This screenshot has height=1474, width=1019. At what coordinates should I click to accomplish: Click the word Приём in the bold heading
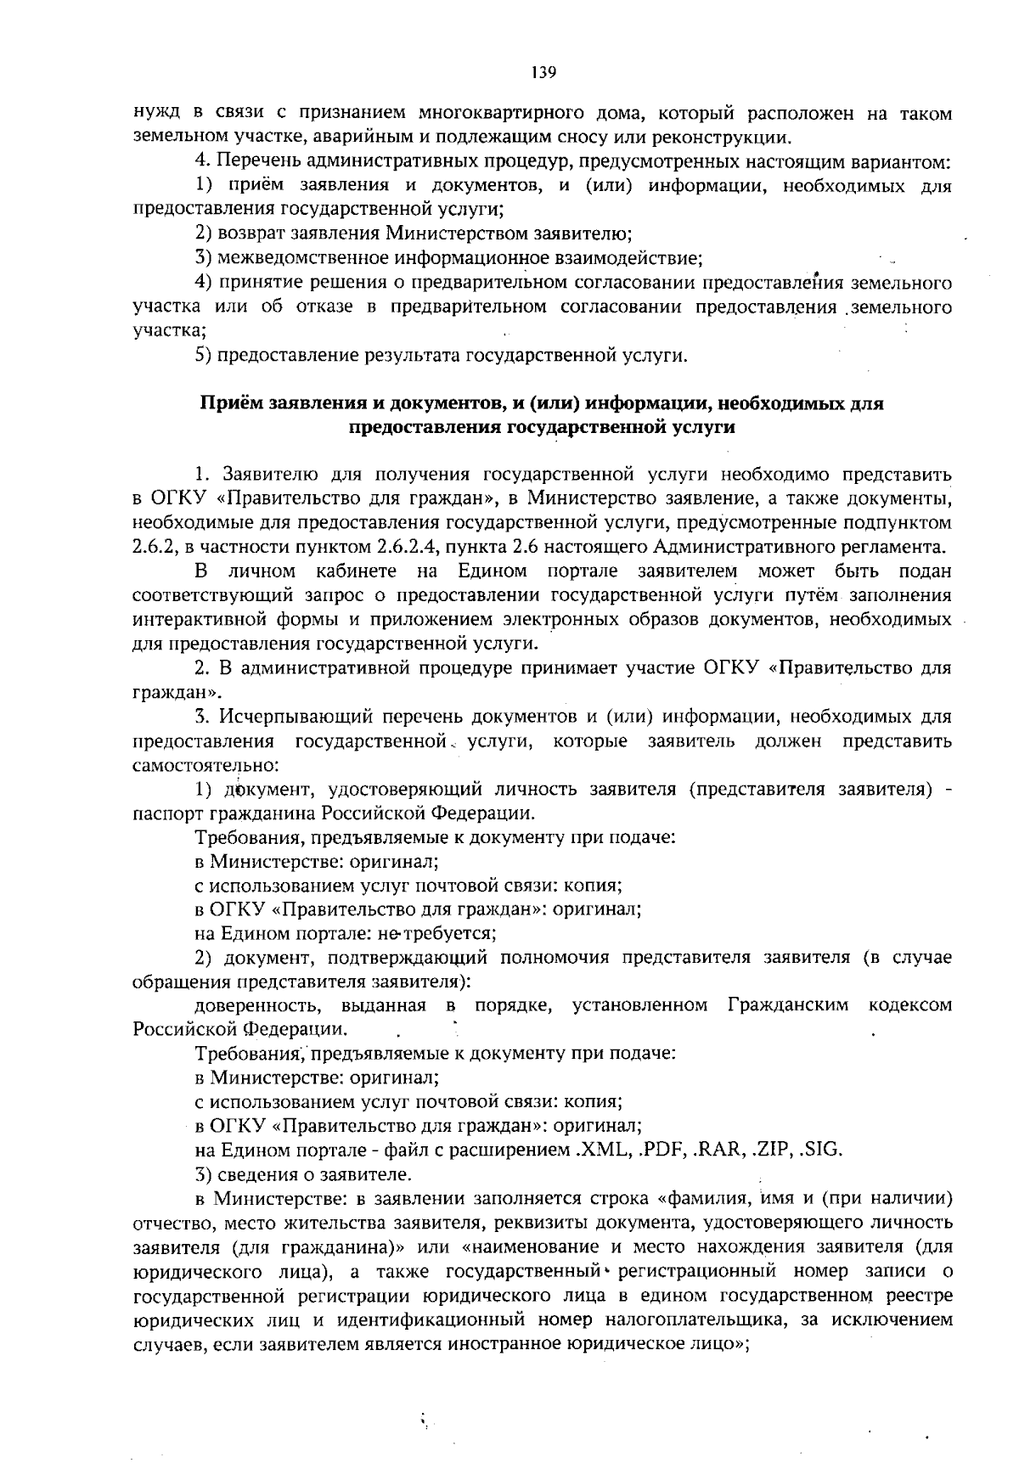230,404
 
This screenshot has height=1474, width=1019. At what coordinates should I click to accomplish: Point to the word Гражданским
788,1005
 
